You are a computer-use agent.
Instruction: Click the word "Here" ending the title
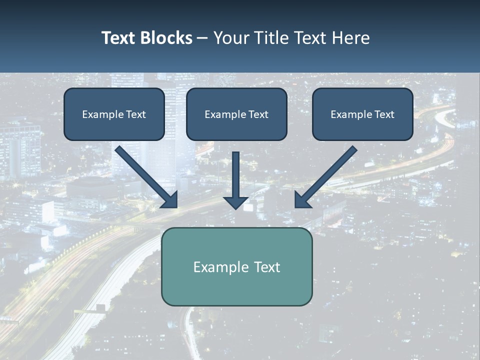(x=352, y=38)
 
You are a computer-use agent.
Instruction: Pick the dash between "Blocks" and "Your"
(x=202, y=38)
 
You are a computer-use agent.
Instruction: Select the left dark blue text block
(x=114, y=114)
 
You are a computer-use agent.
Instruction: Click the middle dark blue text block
(x=236, y=114)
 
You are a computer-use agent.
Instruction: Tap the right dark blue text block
(x=362, y=114)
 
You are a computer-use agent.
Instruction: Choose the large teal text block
(x=236, y=266)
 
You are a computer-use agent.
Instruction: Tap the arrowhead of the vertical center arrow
(x=235, y=202)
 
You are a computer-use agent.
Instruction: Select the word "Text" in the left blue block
(x=136, y=114)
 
